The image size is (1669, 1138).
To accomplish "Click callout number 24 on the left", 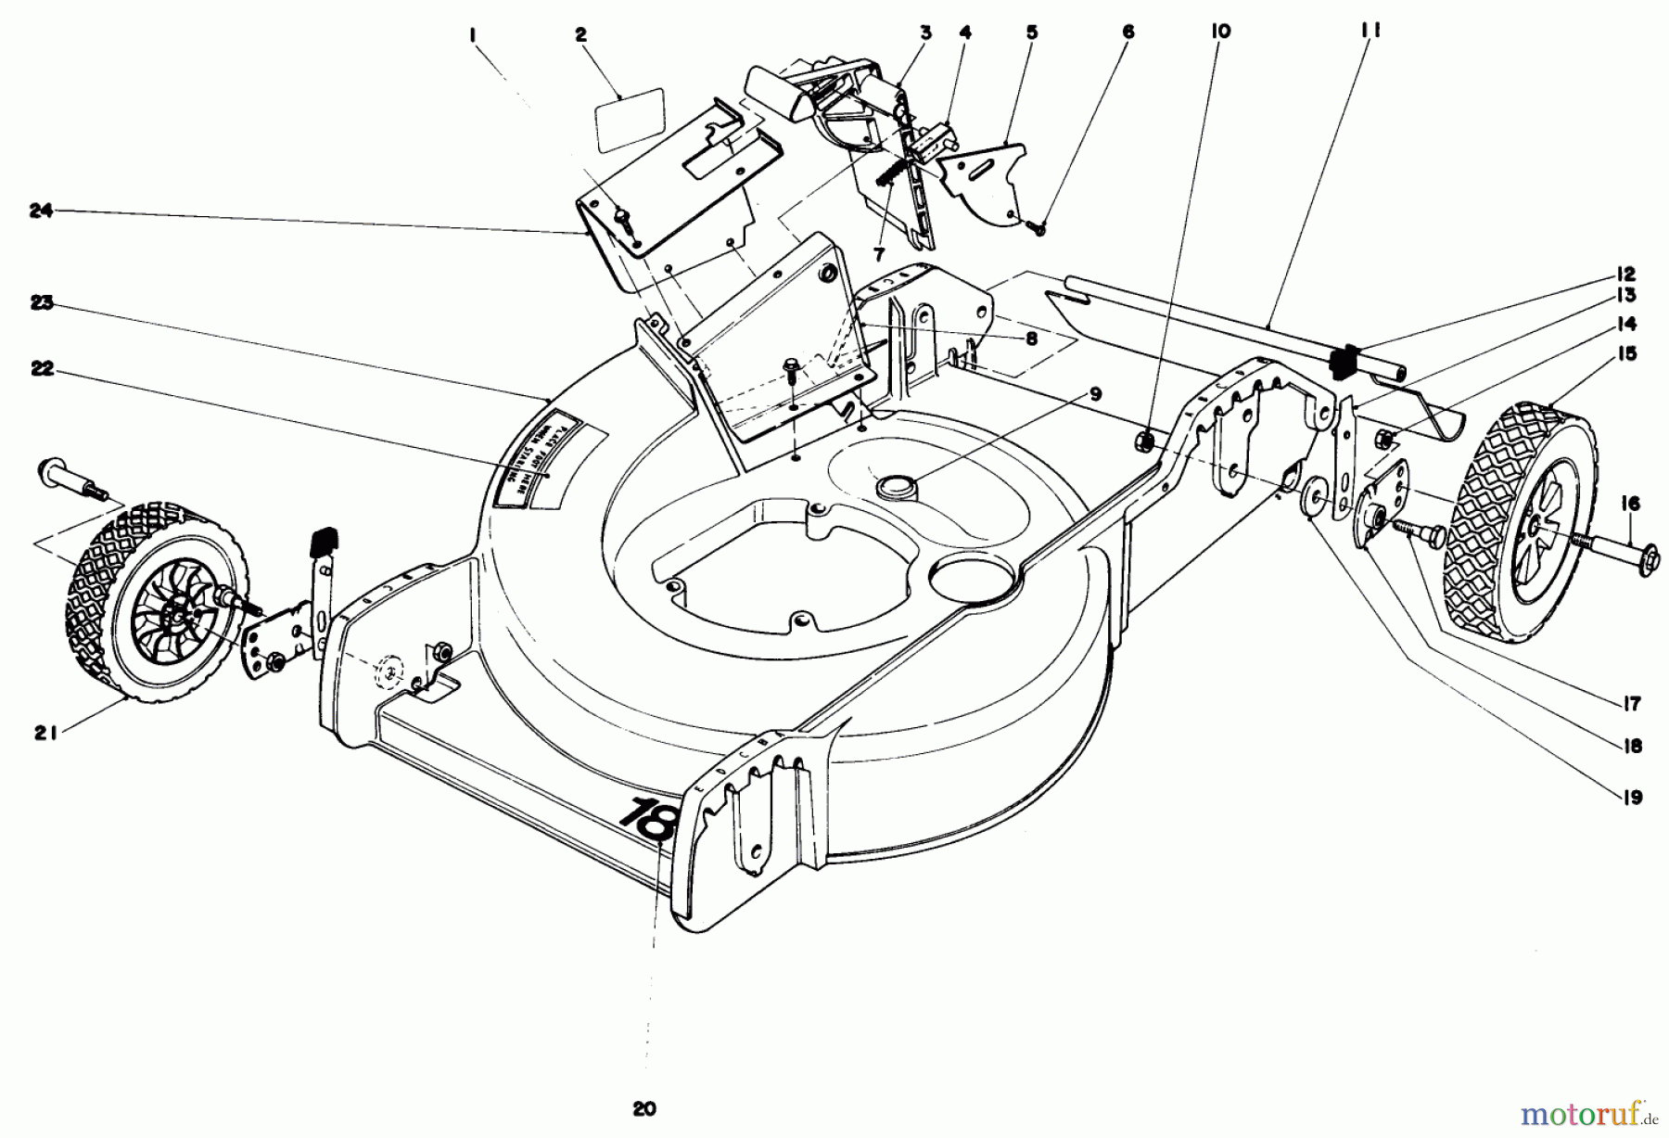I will pyautogui.click(x=40, y=211).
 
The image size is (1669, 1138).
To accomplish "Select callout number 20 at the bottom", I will pyautogui.click(x=644, y=1108).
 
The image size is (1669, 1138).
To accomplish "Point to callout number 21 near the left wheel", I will pyautogui.click(x=46, y=733).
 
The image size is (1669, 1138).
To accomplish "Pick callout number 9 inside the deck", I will pyautogui.click(x=1095, y=393).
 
